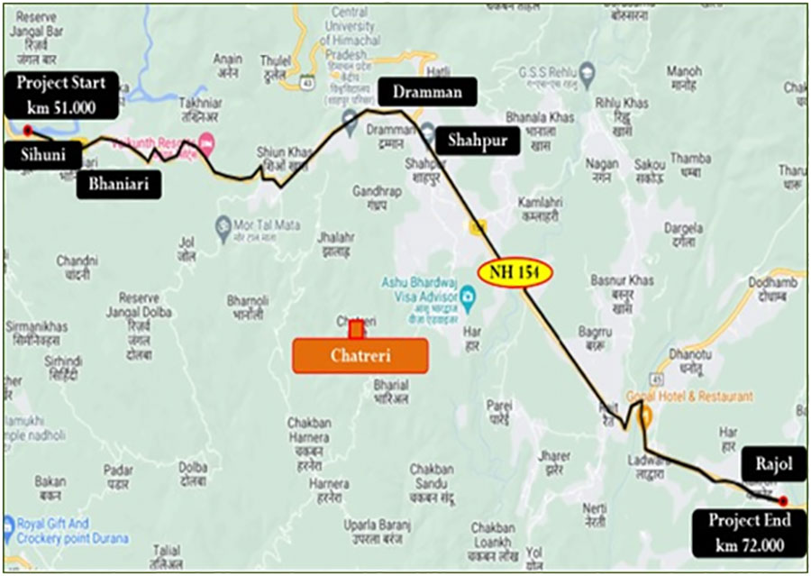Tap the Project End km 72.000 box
pos(749,533)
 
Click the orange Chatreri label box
pos(360,356)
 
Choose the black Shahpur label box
pos(478,142)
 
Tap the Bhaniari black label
pos(118,186)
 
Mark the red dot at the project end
pos(783,501)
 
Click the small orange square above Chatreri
pos(356,330)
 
